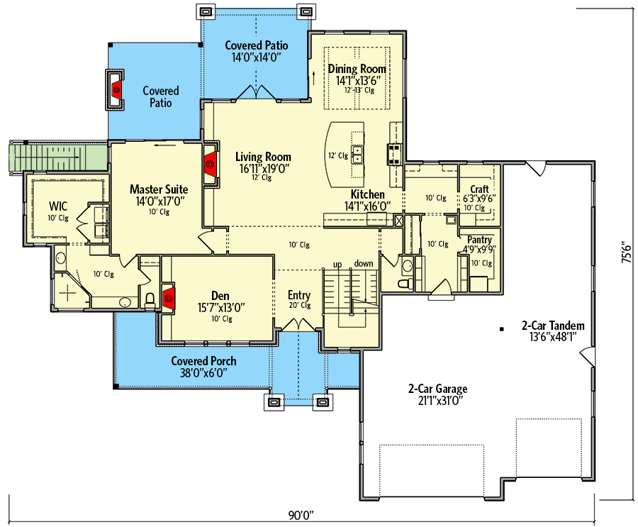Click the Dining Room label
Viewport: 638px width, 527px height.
point(357,69)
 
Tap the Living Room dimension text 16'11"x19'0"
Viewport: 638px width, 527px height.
point(264,169)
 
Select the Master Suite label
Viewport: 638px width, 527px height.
point(159,189)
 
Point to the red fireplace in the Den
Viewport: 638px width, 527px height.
point(169,299)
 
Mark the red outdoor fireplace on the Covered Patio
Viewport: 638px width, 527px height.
point(116,89)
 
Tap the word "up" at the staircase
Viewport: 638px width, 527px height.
point(338,264)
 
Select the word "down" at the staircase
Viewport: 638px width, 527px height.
point(364,264)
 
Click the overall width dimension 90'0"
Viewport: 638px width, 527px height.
point(301,514)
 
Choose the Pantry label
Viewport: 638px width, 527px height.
point(479,240)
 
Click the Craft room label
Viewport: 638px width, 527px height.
point(479,189)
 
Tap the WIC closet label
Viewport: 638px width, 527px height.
point(57,206)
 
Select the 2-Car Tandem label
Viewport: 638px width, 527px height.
point(553,326)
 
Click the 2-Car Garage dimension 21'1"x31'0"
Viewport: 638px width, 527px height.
point(437,401)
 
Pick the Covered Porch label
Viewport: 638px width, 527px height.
point(203,361)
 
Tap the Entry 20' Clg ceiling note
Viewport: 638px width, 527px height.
point(299,306)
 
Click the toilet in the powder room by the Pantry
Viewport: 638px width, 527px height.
point(405,284)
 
